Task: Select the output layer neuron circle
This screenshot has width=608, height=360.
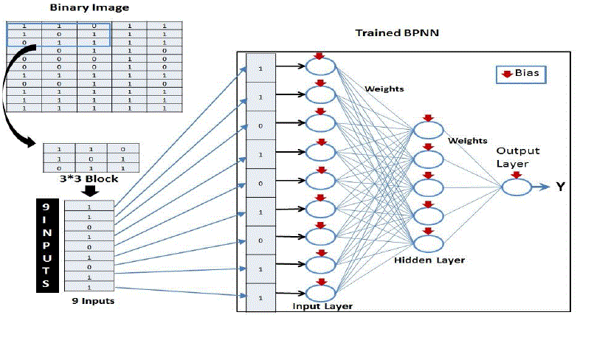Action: point(517,187)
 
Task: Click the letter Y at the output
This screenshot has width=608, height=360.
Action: point(561,187)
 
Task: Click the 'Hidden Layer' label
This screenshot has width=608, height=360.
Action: point(429,260)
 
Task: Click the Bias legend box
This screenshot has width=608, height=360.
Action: point(522,74)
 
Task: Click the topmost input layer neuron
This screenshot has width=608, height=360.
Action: point(320,66)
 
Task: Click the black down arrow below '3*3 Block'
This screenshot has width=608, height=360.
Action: point(89,192)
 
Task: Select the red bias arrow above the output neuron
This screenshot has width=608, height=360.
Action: point(517,176)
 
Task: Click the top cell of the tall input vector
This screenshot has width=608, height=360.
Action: point(260,67)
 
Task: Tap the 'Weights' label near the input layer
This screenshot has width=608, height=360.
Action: point(384,89)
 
